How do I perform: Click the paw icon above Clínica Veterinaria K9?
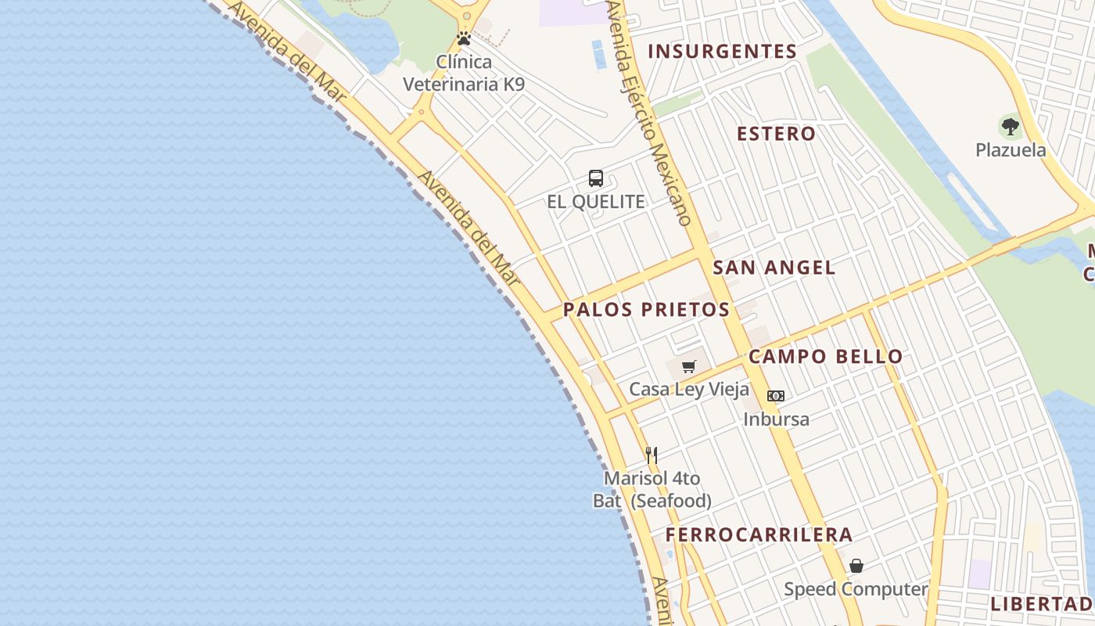click(x=464, y=38)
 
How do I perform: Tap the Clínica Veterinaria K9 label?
click(x=464, y=73)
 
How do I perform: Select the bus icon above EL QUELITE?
click(x=596, y=178)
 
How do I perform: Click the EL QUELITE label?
click(x=596, y=202)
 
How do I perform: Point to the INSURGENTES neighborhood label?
click(x=722, y=52)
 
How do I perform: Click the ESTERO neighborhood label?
click(x=776, y=134)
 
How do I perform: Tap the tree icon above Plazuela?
click(x=1011, y=127)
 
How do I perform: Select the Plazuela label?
click(x=1011, y=150)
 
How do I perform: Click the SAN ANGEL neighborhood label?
click(x=774, y=268)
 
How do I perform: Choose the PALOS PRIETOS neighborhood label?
click(x=646, y=310)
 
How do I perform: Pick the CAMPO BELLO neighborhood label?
click(x=825, y=357)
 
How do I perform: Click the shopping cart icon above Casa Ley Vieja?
click(x=689, y=366)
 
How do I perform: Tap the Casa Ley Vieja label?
click(x=689, y=390)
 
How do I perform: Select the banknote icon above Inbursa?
click(x=776, y=396)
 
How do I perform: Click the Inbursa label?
click(x=776, y=419)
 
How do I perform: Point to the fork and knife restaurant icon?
click(x=652, y=455)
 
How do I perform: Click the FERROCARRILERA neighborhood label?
click(x=759, y=535)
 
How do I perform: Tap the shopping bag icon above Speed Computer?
click(x=856, y=566)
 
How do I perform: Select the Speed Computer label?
click(x=856, y=589)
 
